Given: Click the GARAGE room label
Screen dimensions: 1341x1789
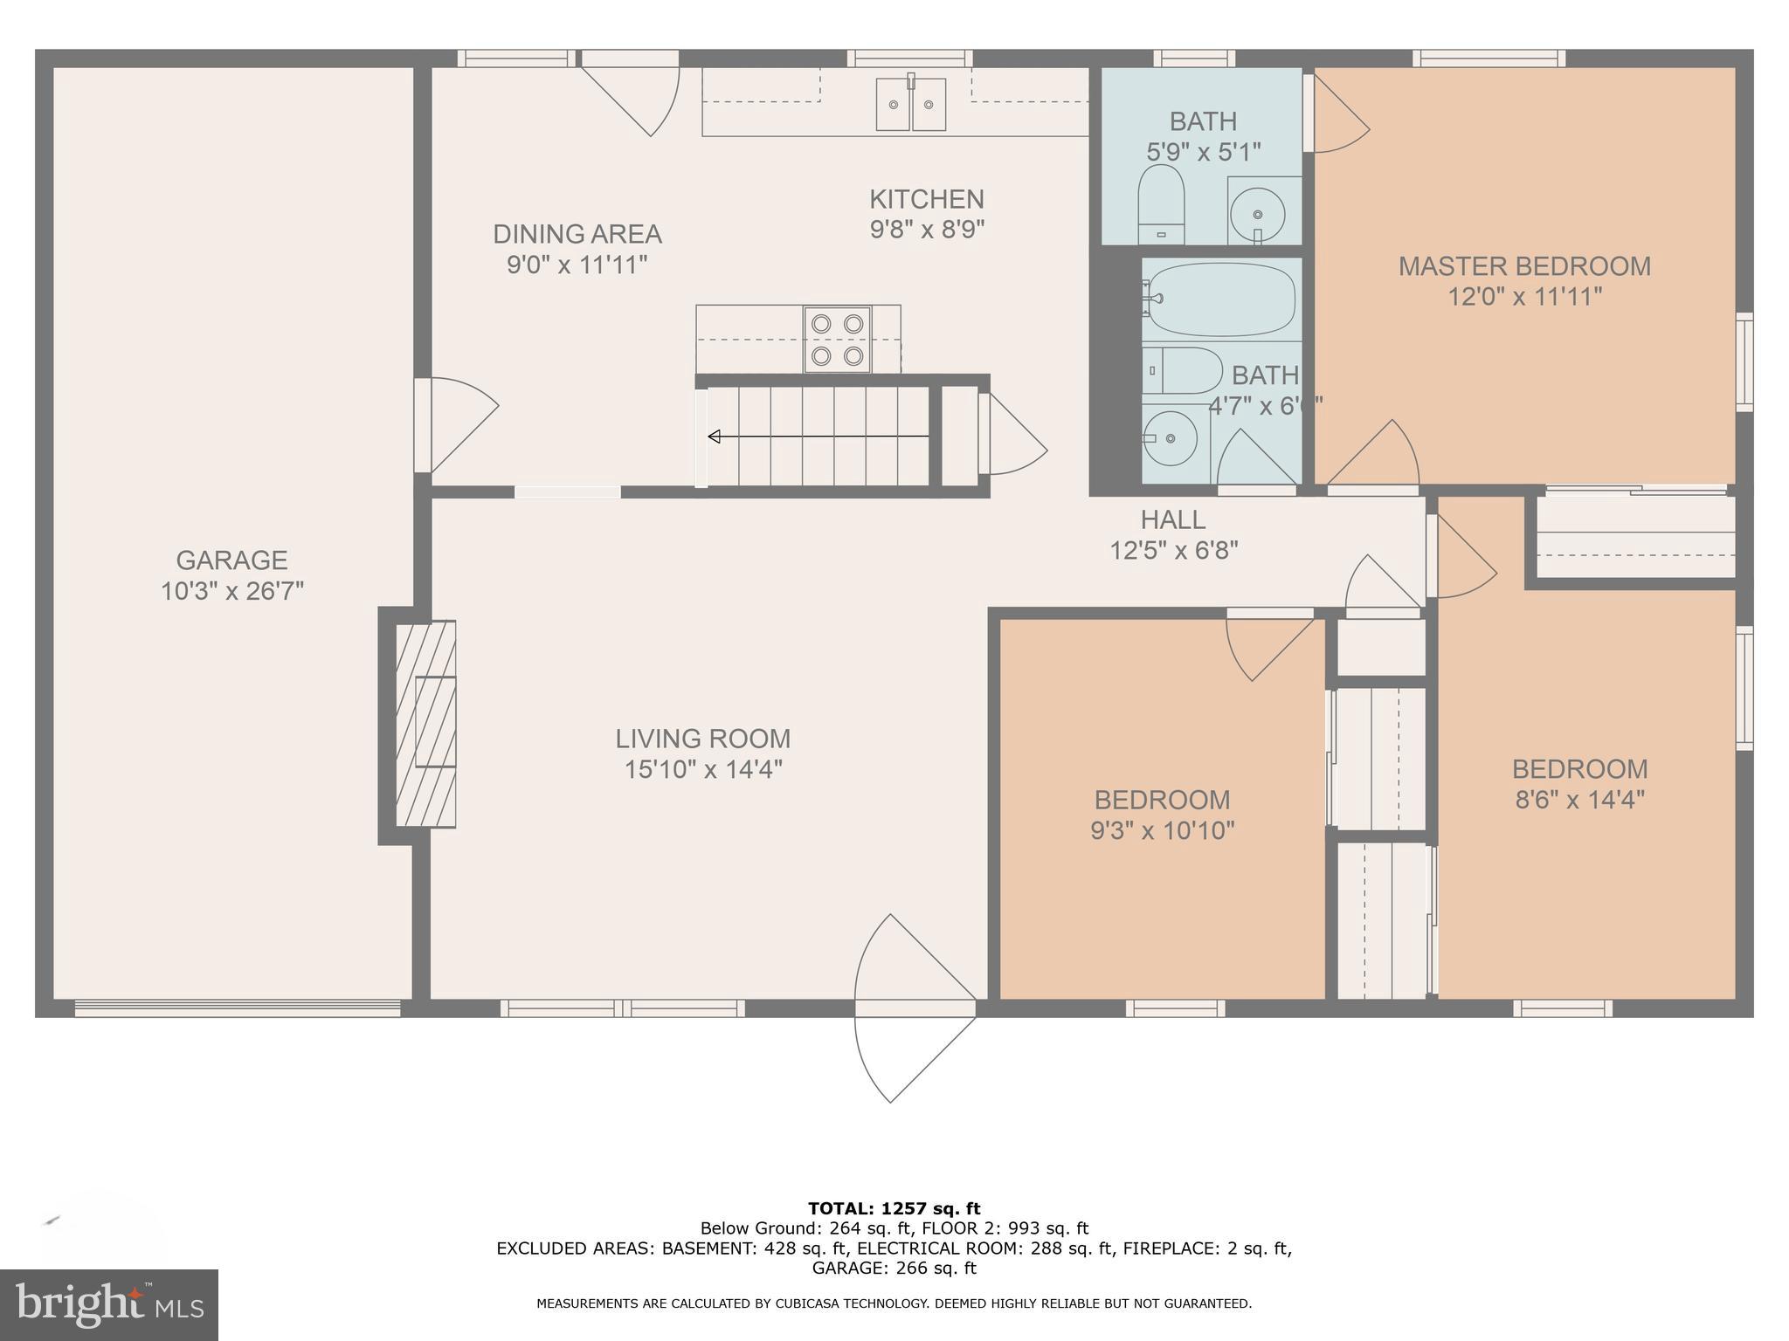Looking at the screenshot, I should [x=231, y=560].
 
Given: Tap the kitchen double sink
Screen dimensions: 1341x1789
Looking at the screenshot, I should [x=911, y=104].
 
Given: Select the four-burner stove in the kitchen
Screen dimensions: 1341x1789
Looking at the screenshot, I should [x=838, y=340].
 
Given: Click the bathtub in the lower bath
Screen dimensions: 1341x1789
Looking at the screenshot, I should [x=1220, y=299].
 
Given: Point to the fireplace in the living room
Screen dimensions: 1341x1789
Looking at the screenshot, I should [x=425, y=724].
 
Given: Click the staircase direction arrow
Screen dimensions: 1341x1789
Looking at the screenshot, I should [x=817, y=436].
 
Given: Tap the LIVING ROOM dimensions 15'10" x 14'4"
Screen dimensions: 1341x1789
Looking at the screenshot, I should [x=702, y=769].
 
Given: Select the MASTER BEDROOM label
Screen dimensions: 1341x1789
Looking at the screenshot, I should [x=1524, y=265].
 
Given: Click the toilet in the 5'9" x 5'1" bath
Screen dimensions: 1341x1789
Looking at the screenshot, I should [x=1161, y=206].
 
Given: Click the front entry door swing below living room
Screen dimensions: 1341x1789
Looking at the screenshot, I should [x=914, y=1008].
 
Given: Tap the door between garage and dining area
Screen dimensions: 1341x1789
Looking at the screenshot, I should [x=454, y=424].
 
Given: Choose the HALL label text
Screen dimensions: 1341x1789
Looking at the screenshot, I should [x=1172, y=519].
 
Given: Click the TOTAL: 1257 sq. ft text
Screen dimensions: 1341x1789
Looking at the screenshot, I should [x=894, y=1208].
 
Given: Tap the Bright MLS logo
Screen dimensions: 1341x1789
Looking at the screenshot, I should [x=108, y=1305].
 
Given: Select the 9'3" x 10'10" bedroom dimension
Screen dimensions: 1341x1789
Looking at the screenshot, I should [x=1162, y=830].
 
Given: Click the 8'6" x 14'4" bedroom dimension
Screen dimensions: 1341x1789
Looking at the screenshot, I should [x=1579, y=800].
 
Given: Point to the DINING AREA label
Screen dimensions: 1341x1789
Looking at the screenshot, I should [x=577, y=234].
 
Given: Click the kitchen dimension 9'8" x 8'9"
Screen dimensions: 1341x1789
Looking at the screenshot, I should [x=926, y=230].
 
